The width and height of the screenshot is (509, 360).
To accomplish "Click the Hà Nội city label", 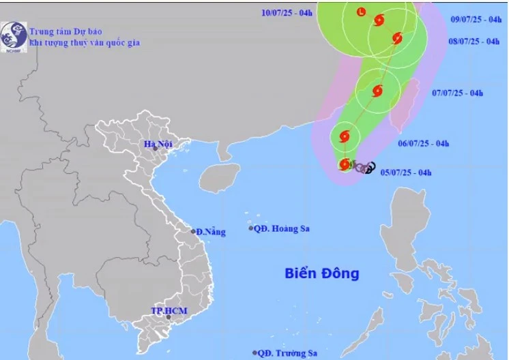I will pyautogui.click(x=157, y=144).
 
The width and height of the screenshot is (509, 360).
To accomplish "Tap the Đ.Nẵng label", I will pyautogui.click(x=212, y=232).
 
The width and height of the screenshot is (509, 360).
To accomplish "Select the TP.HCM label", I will pyautogui.click(x=169, y=312).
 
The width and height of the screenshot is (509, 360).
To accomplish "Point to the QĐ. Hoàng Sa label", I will pyautogui.click(x=282, y=228).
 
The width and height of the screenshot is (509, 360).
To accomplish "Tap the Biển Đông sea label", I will pyautogui.click(x=321, y=273).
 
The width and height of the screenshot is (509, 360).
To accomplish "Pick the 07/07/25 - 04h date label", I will pyautogui.click(x=458, y=93).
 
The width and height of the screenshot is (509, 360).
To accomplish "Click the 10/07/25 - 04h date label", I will pyautogui.click(x=287, y=12).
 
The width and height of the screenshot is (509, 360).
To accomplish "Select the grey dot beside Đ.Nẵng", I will pyautogui.click(x=193, y=232).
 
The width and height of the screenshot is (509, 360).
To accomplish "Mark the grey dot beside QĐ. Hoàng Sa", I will pyautogui.click(x=251, y=228).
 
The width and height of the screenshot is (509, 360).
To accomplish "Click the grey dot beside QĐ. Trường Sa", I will pyautogui.click(x=254, y=353).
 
